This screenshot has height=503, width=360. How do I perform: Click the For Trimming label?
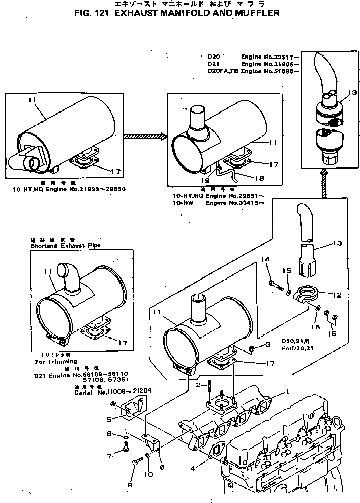(x=56, y=361)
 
